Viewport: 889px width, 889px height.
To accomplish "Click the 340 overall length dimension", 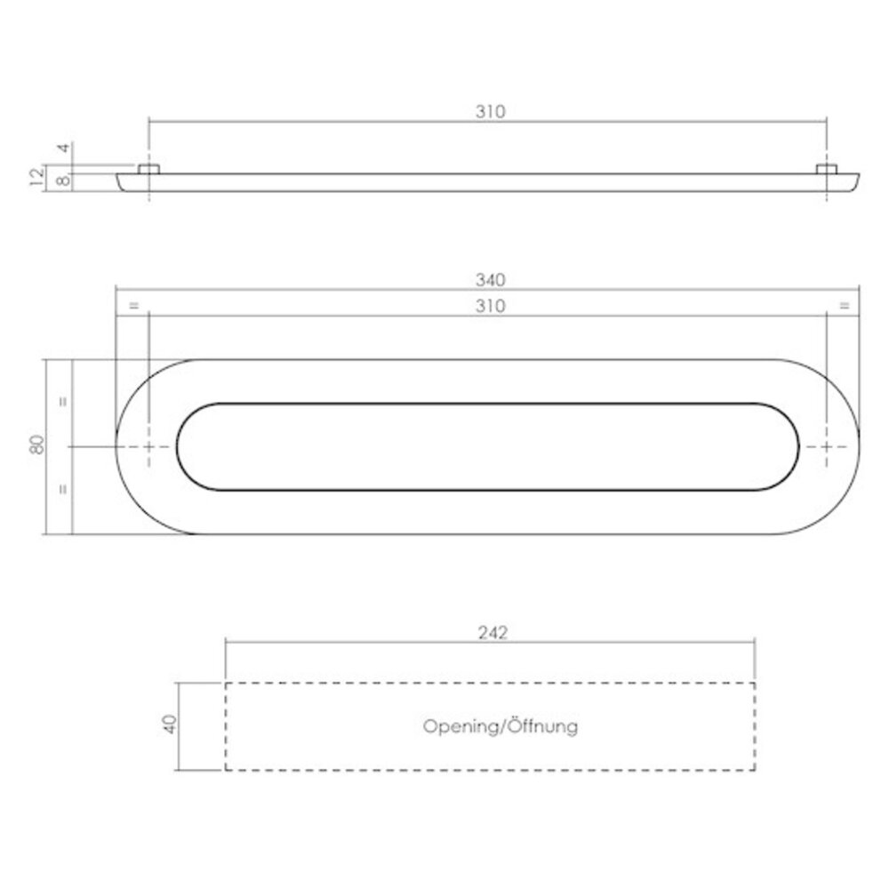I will pos(489,280).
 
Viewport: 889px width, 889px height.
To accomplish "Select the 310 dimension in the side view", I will pos(489,112).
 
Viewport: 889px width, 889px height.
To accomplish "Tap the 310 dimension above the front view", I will pos(489,306).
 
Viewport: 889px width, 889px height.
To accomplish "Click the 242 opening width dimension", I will pos(491,633).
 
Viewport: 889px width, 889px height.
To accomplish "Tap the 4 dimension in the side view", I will pos(62,148).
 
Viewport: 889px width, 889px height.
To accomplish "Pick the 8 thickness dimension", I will pos(62,181).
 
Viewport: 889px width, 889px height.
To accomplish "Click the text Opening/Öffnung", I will pos(501,726).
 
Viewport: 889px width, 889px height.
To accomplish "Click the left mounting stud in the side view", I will pos(148,169).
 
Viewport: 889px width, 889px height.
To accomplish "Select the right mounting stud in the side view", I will pos(827,169).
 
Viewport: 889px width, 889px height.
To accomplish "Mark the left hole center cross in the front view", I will pos(148,446).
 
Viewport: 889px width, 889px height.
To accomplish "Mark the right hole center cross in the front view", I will pos(827,446).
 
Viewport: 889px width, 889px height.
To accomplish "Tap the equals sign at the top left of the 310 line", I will pos(133,306).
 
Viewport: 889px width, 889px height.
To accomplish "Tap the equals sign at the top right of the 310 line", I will pos(843,306).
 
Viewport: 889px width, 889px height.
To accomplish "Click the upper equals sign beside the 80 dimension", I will pos(61,401).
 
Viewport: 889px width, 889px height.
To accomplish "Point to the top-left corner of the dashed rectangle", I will pos(226,683).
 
